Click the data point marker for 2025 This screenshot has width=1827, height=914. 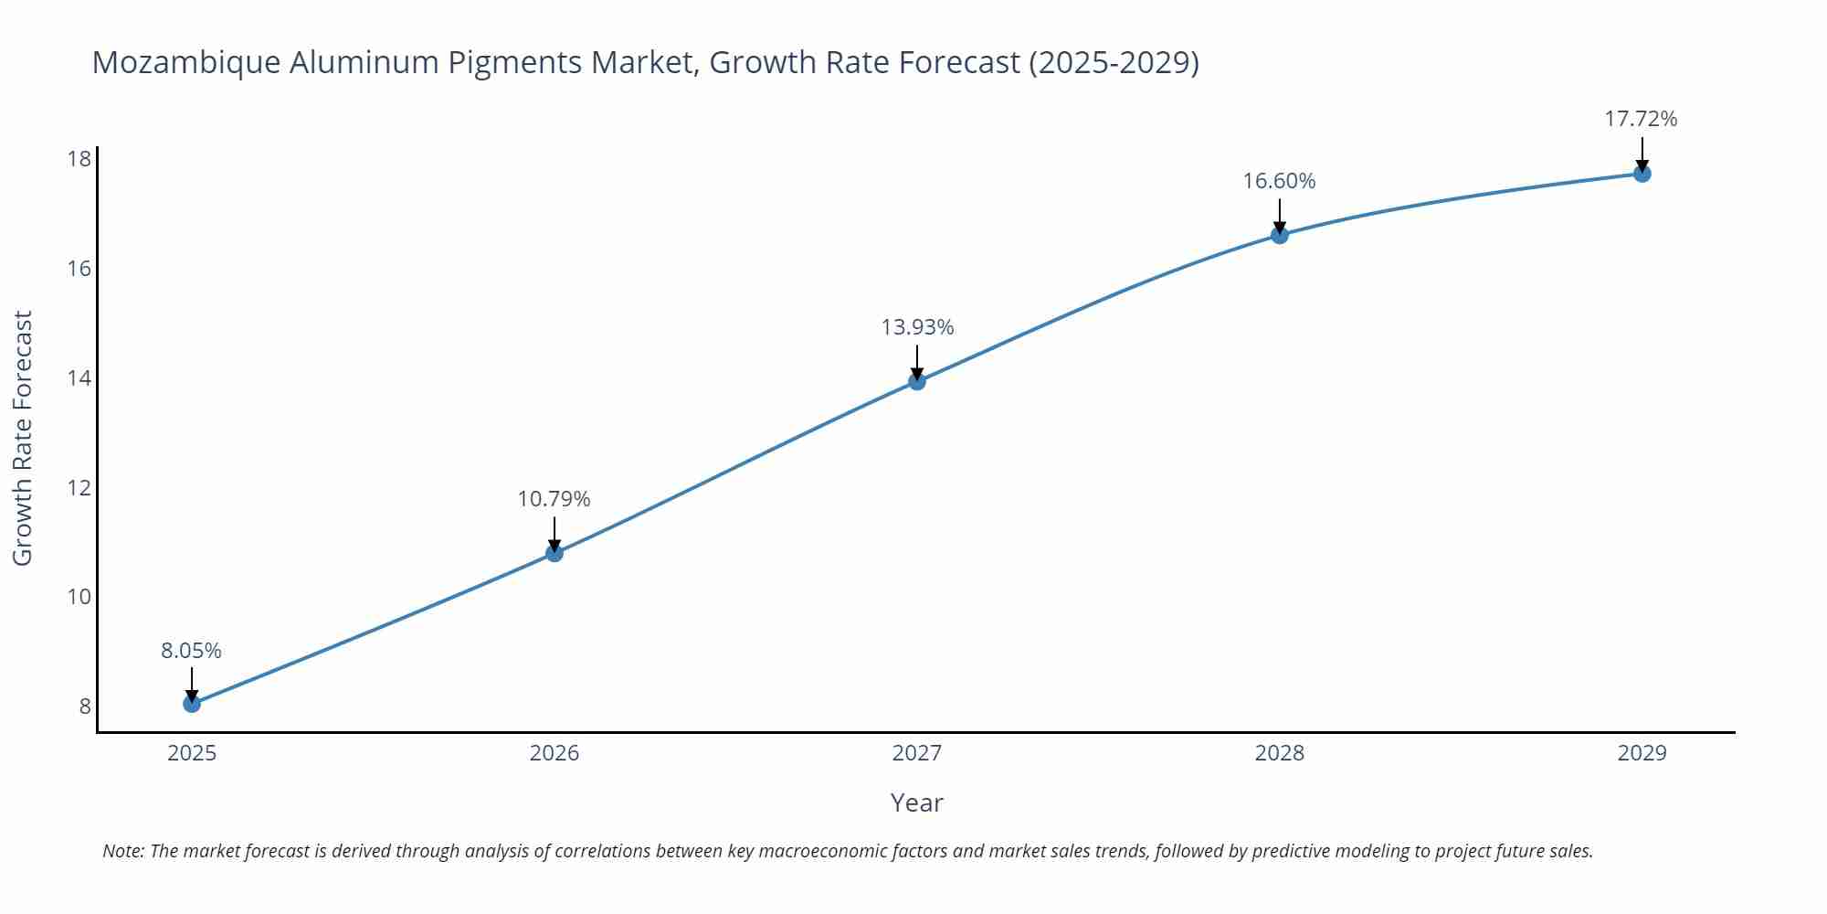tap(192, 703)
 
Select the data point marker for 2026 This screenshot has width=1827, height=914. tap(554, 553)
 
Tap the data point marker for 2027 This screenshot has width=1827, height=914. tap(917, 381)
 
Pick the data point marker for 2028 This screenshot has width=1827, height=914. tap(1280, 235)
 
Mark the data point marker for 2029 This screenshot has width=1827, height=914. tap(1642, 174)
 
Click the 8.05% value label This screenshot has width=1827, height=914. tap(192, 651)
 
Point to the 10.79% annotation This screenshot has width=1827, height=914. tap(554, 499)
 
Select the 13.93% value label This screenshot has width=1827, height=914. tap(917, 327)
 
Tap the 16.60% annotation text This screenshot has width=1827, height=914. tap(1279, 181)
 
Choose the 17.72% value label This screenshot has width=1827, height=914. tap(1641, 119)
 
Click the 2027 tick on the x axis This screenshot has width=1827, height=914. tap(917, 753)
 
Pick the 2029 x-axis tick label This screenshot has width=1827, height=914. tap(1642, 753)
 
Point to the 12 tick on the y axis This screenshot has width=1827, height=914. tap(79, 487)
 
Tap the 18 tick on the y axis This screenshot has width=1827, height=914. tap(79, 159)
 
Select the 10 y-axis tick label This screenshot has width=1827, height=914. tap(79, 597)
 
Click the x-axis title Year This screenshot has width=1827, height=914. tap(916, 802)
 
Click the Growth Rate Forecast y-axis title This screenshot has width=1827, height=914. tap(23, 438)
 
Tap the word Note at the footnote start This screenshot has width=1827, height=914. tap(122, 851)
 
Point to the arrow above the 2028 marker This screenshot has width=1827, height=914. tap(1280, 215)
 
